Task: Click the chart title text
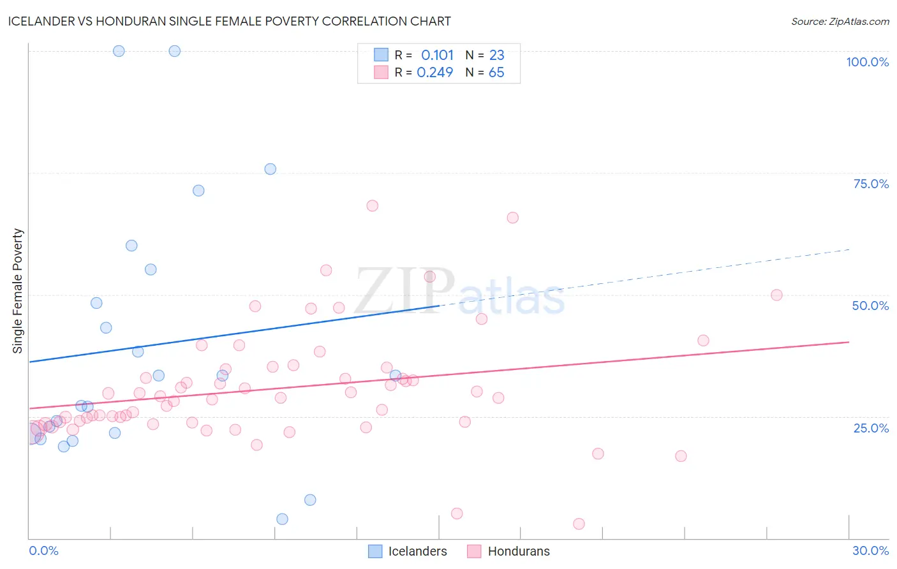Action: click(230, 21)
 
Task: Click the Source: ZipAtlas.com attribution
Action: click(840, 21)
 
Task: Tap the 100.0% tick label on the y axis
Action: click(867, 62)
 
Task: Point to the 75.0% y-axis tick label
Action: click(871, 184)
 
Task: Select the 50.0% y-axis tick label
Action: click(870, 306)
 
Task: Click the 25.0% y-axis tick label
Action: click(871, 428)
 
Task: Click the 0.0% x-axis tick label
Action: click(43, 551)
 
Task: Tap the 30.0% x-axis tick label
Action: click(870, 551)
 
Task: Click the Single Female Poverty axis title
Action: click(18, 291)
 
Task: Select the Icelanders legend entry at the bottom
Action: click(408, 551)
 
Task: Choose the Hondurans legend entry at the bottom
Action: click(509, 551)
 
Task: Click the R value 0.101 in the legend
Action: click(437, 55)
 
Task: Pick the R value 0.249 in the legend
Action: click(434, 73)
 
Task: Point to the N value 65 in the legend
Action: click(496, 73)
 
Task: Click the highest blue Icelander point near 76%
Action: click(271, 169)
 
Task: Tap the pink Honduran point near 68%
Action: click(373, 205)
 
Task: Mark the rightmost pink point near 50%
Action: click(776, 295)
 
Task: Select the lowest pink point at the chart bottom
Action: click(579, 524)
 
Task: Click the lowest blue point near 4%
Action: click(282, 519)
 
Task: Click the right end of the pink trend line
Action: click(849, 342)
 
